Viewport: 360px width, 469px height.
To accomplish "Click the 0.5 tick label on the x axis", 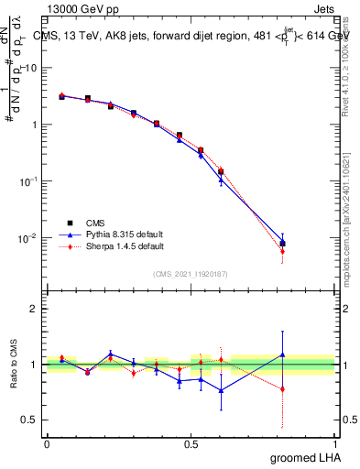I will tap(191, 442).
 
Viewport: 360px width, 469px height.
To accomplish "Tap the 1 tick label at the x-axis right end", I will tap(334, 442).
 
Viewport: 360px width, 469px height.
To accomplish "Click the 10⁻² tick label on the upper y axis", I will tap(30, 238).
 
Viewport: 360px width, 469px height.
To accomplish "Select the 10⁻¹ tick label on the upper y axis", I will tap(30, 181).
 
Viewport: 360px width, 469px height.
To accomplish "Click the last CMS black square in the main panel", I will tap(282, 244).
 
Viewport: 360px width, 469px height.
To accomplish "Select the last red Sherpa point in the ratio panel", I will tap(282, 388).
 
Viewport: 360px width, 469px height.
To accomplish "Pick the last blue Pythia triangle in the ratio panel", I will tap(282, 354).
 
